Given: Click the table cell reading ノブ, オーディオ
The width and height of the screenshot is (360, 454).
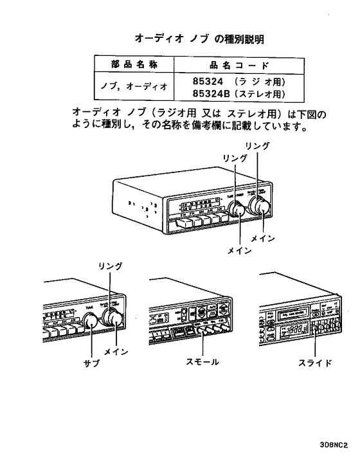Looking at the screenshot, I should pos(127,87).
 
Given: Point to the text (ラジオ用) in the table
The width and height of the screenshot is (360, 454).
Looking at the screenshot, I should pos(258,82).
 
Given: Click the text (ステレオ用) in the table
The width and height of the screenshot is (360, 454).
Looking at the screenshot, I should pos(258,94).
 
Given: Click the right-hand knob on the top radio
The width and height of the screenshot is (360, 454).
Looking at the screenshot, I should pos(260,208).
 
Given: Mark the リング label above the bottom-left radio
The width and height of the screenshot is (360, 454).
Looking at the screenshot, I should pos(110,266).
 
